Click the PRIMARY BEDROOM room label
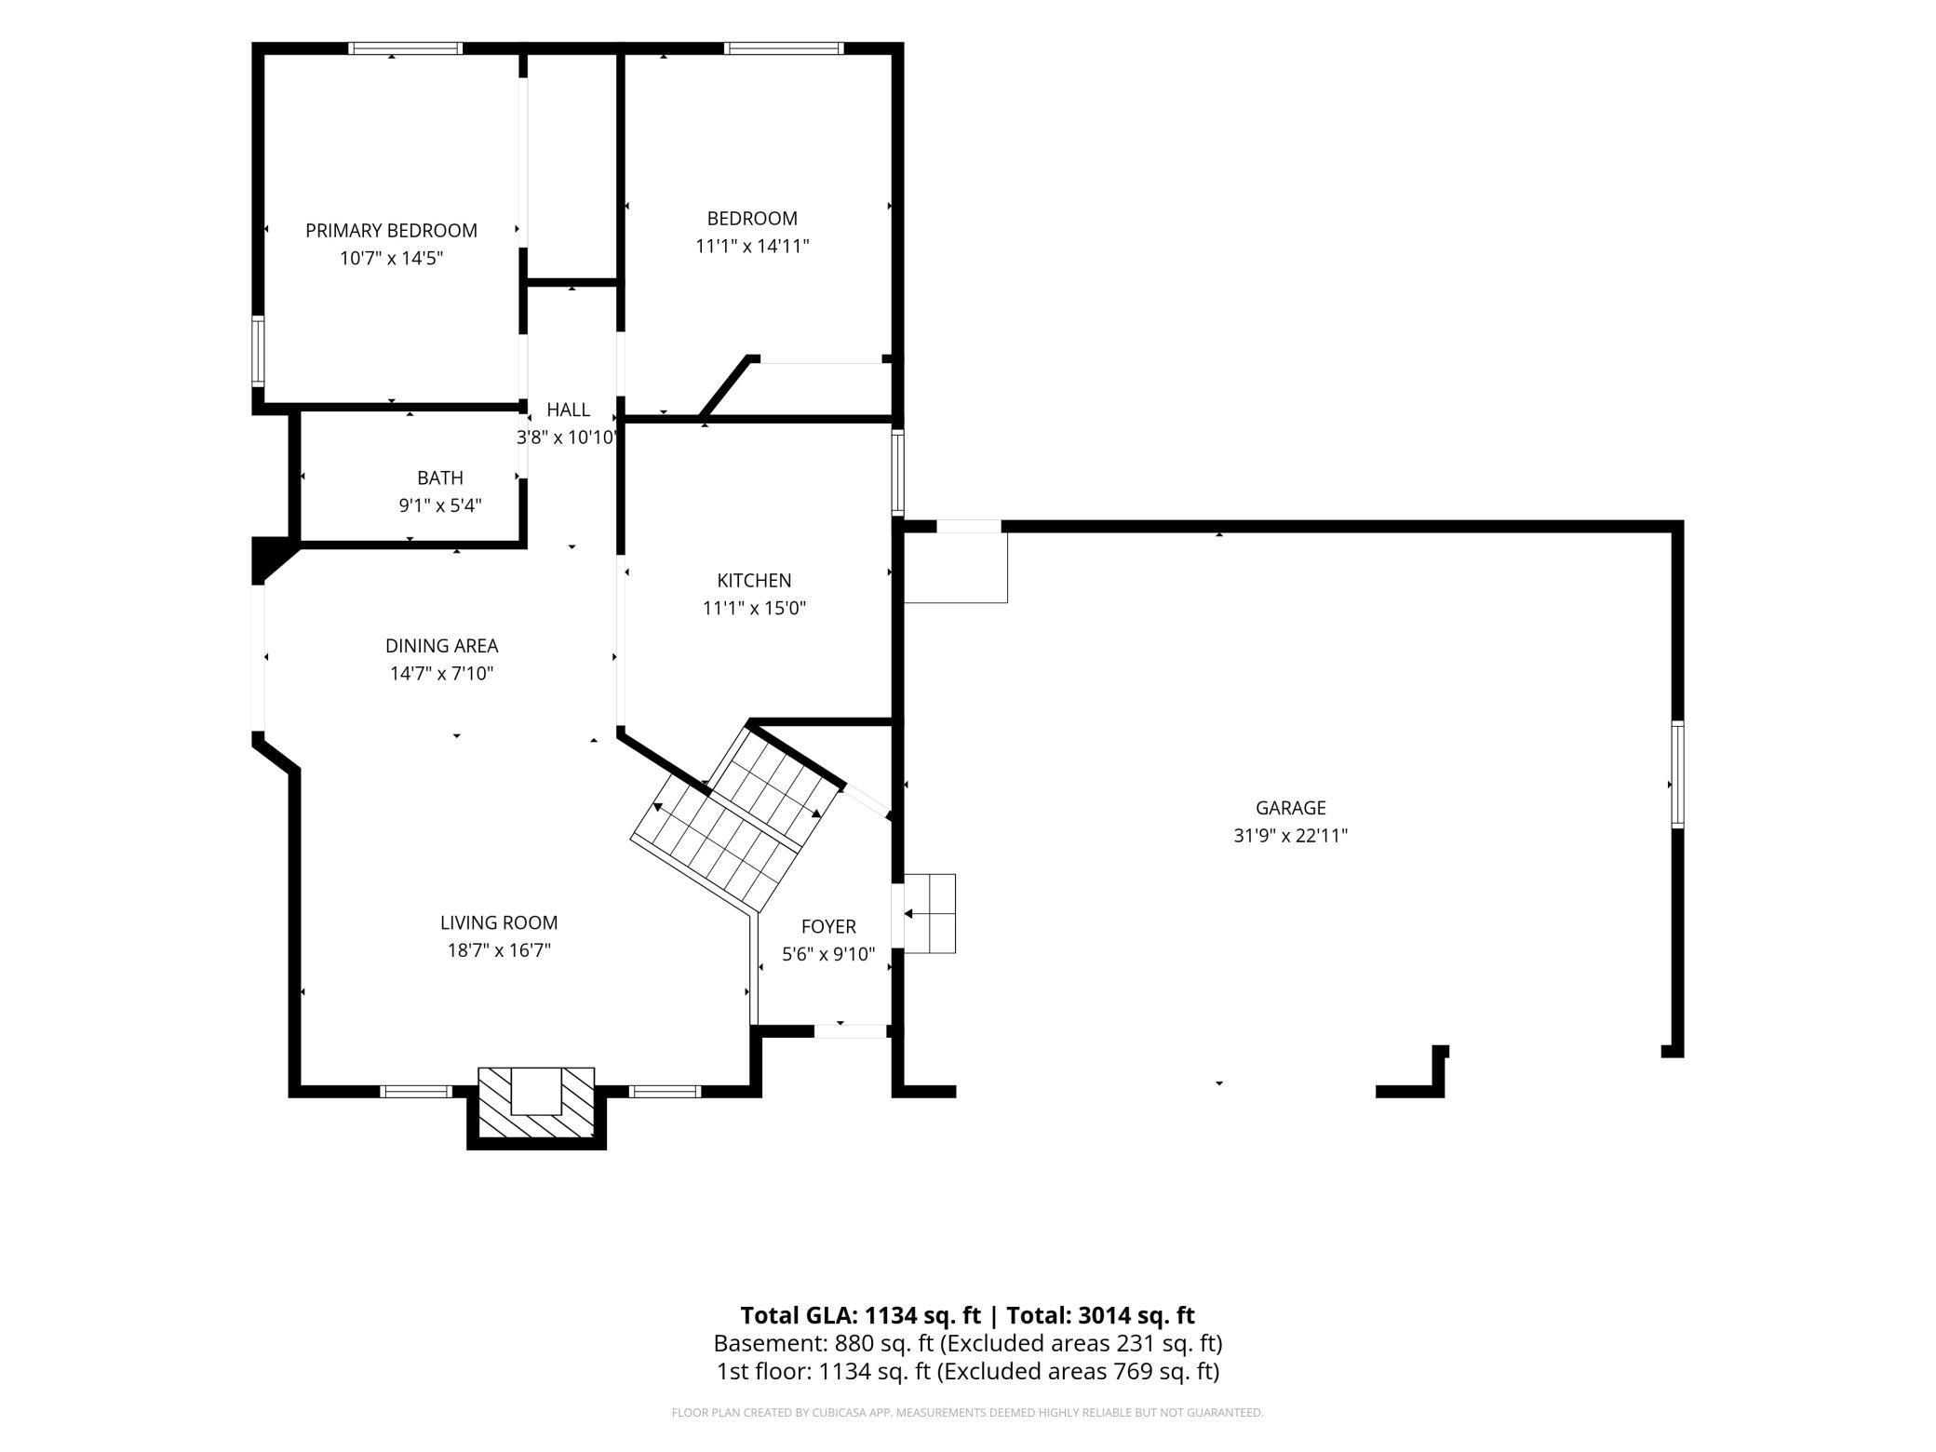(391, 230)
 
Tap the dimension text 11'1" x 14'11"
(752, 246)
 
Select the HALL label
(568, 410)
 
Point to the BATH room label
(439, 477)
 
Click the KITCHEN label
(754, 580)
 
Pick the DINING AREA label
(441, 645)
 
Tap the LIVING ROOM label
(499, 922)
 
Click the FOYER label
(828, 926)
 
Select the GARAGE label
(1290, 808)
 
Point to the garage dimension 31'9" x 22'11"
(1290, 836)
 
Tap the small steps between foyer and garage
(929, 913)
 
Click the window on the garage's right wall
(1677, 774)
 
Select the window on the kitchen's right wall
(897, 471)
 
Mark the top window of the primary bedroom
(406, 48)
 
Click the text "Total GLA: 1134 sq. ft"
(860, 1315)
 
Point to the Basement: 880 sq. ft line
(968, 1343)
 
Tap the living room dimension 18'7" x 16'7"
(499, 950)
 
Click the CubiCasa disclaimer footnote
(968, 1413)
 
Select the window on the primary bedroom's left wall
(258, 351)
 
